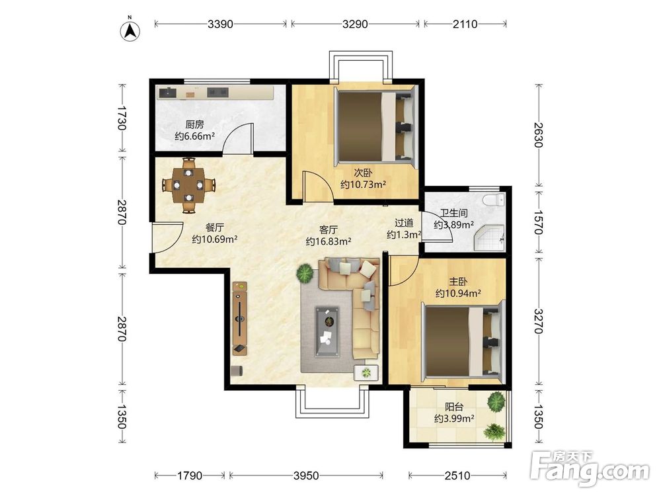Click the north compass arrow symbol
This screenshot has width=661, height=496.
pyautogui.click(x=131, y=30)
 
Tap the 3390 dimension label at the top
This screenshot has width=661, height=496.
pyautogui.click(x=220, y=24)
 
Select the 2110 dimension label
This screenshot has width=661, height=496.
pyautogui.click(x=465, y=24)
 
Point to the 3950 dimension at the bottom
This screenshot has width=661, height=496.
pyautogui.click(x=306, y=475)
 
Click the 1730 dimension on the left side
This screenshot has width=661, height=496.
pyautogui.click(x=122, y=118)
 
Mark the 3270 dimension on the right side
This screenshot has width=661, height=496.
pyautogui.click(x=538, y=321)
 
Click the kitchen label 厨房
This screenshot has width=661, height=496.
pyautogui.click(x=195, y=125)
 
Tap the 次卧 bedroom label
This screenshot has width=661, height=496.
pyautogui.click(x=363, y=173)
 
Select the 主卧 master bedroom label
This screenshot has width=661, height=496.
pyautogui.click(x=458, y=282)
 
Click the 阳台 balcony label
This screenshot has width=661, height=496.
pyautogui.click(x=455, y=407)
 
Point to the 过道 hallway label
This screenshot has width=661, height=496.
pyautogui.click(x=404, y=223)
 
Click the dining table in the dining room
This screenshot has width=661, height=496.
pyautogui.click(x=188, y=185)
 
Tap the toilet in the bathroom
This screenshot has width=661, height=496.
pyautogui.click(x=494, y=199)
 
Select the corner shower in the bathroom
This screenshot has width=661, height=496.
pyautogui.click(x=490, y=237)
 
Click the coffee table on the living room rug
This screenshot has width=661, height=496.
pyautogui.click(x=328, y=331)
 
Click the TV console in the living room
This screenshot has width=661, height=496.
pyautogui.click(x=240, y=319)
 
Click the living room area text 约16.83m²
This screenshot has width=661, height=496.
pyautogui.click(x=329, y=241)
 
